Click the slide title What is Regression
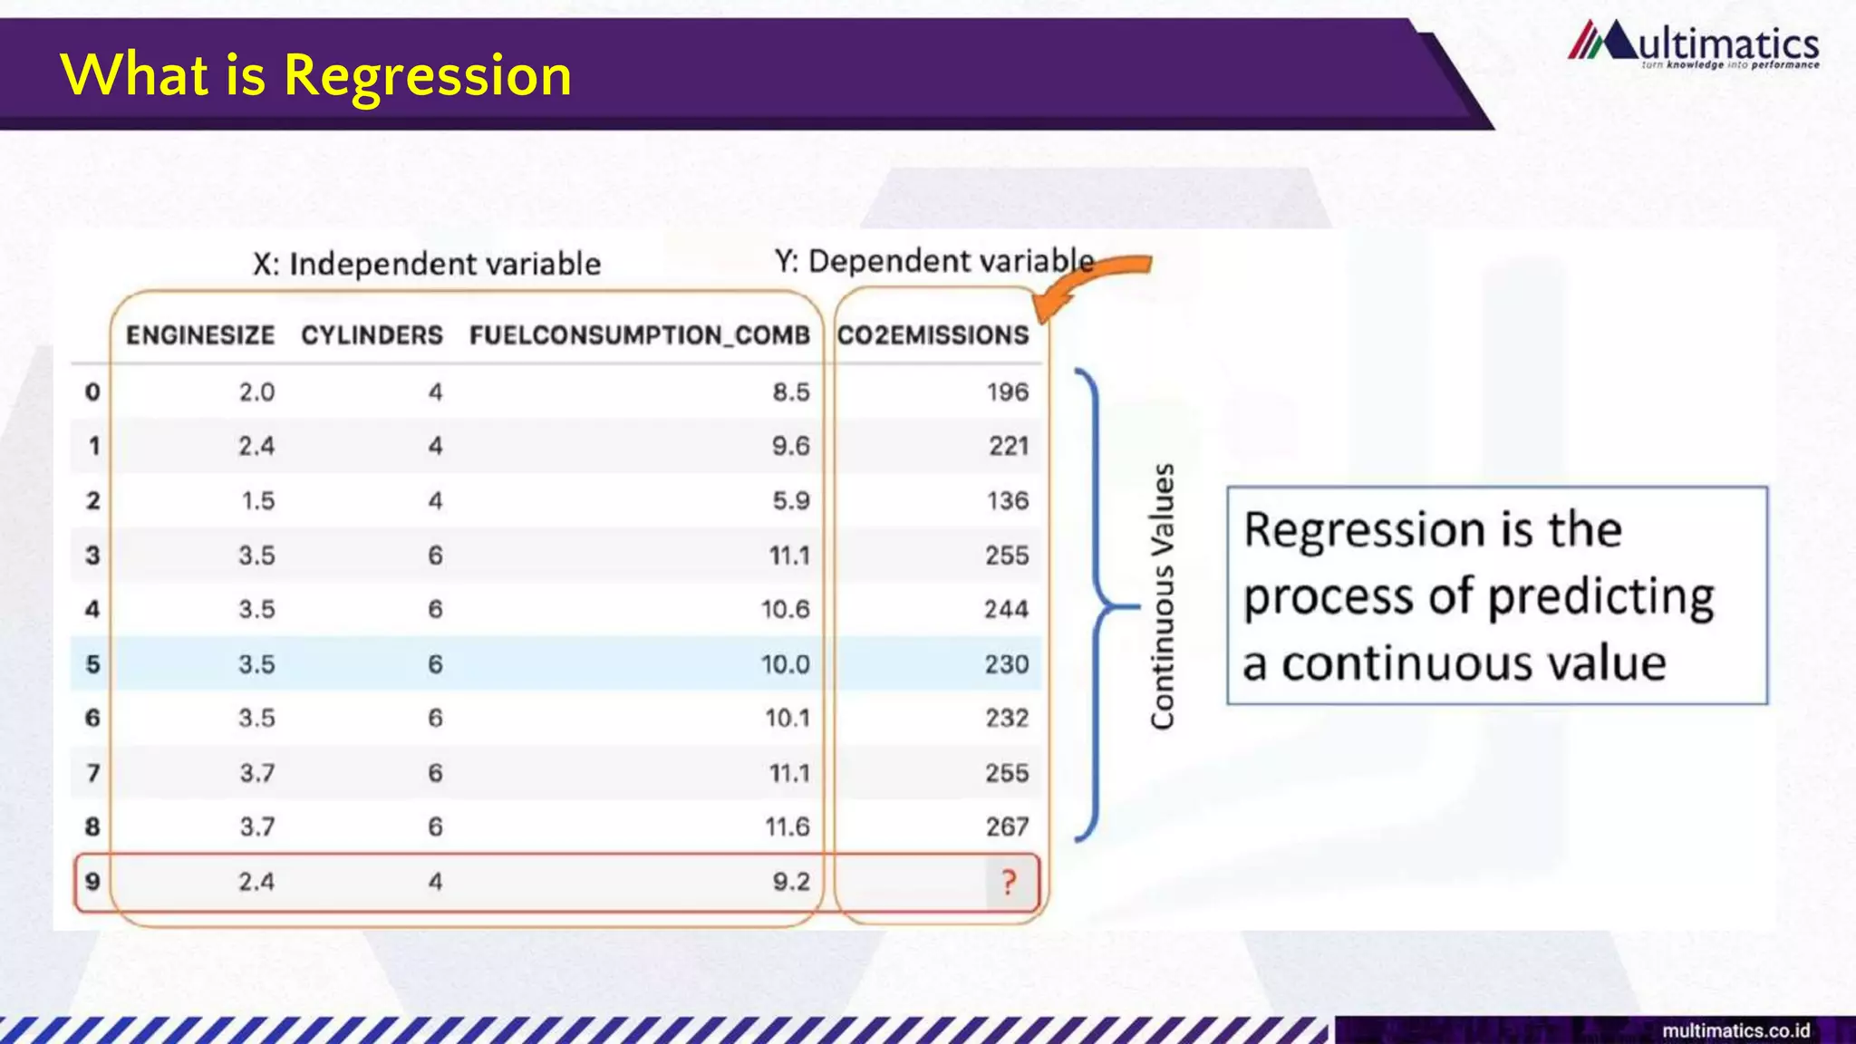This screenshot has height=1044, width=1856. point(316,74)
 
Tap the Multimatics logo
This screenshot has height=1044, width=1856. point(1693,45)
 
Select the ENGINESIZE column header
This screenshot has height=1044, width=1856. point(200,335)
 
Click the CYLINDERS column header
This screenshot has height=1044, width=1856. point(372,335)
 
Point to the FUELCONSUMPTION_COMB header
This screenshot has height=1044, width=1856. point(639,335)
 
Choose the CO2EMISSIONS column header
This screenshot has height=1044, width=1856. point(933,335)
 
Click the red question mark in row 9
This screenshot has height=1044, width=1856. point(1009,882)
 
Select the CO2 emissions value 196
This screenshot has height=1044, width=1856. point(1008,392)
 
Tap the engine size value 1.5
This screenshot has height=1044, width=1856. point(258,501)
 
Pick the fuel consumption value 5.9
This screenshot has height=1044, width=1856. point(791,501)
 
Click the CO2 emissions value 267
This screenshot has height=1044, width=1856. point(1008,827)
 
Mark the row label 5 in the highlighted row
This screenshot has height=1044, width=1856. point(92,664)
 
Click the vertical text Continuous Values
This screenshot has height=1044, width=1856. point(1162,596)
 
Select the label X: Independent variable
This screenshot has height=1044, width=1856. point(427,264)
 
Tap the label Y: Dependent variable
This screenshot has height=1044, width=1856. point(934,261)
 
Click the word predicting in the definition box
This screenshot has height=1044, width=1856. point(1600,597)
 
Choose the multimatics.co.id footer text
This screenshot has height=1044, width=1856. point(1735,1031)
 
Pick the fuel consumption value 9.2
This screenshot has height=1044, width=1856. point(791,882)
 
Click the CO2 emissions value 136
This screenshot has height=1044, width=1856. point(1008,501)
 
